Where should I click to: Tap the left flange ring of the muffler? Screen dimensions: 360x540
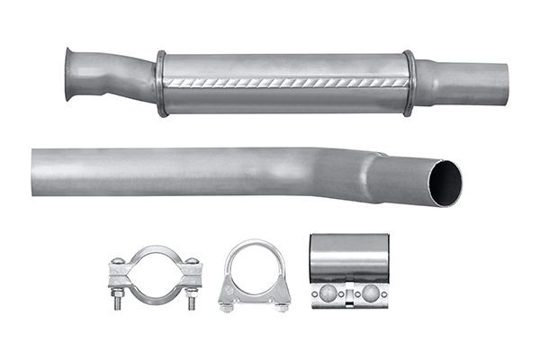click(161, 83)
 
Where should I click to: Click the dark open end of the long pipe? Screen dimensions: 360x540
click(445, 183)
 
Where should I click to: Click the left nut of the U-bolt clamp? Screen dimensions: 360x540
click(226, 306)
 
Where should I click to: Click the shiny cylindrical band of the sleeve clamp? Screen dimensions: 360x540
click(349, 256)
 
